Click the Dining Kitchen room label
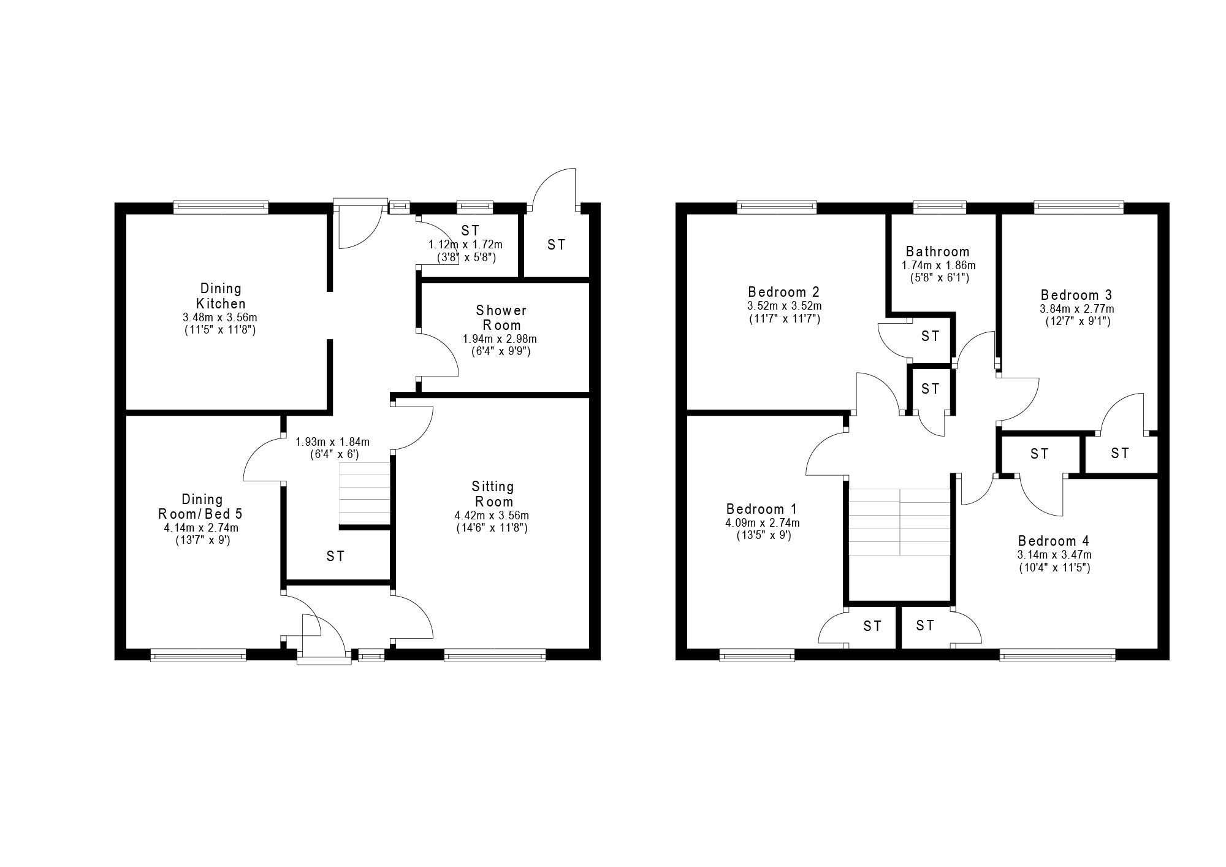(x=220, y=296)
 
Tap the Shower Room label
(x=501, y=318)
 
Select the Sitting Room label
(x=493, y=494)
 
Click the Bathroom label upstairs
(x=938, y=251)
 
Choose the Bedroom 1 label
(x=762, y=509)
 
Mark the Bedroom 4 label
(x=1054, y=541)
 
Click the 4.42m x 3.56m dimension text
(x=492, y=515)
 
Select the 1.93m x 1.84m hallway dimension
(x=333, y=441)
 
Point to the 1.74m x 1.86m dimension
(x=938, y=265)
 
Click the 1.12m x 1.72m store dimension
(x=465, y=245)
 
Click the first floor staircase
(x=899, y=522)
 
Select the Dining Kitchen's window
(x=221, y=207)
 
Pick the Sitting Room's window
(x=495, y=657)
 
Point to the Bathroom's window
(x=939, y=207)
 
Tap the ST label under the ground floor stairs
(x=335, y=556)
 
